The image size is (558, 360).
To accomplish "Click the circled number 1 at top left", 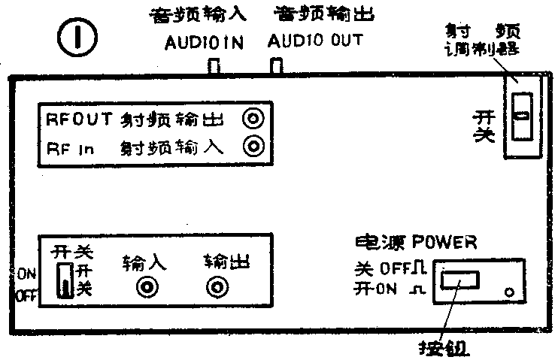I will (74, 41).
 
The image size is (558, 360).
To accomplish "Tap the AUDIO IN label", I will (205, 42).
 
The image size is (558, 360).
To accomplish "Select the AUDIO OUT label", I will (314, 41).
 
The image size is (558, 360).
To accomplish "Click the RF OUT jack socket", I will (256, 119).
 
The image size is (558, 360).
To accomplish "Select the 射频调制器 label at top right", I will (483, 42).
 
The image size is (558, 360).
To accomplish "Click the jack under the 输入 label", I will (147, 287).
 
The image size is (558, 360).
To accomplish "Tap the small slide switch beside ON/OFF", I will (66, 280).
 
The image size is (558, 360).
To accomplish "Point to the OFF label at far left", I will (26, 295).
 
